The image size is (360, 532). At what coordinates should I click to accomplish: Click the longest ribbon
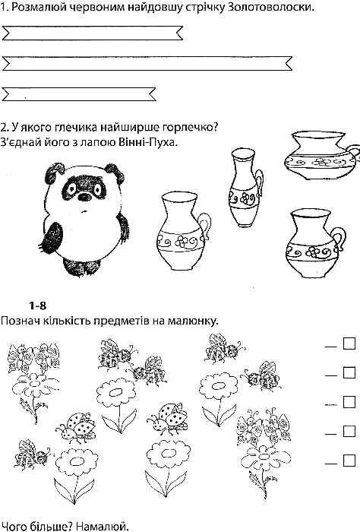click(147, 64)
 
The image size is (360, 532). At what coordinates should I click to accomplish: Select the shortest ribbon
click(79, 94)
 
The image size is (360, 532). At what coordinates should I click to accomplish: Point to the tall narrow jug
click(245, 188)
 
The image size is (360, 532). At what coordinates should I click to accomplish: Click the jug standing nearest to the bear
click(183, 231)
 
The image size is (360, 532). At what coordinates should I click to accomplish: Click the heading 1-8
click(37, 306)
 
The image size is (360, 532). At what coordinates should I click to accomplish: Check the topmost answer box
click(349, 343)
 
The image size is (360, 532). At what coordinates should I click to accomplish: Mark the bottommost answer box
click(349, 461)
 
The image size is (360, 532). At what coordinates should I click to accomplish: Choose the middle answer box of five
click(349, 402)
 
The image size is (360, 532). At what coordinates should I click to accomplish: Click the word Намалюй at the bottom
click(103, 527)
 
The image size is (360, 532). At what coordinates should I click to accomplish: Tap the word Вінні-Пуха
click(147, 141)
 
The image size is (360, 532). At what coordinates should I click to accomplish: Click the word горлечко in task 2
click(190, 128)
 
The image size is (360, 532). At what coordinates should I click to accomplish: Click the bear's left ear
click(55, 173)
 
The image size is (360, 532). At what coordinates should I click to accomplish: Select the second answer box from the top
click(349, 372)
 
